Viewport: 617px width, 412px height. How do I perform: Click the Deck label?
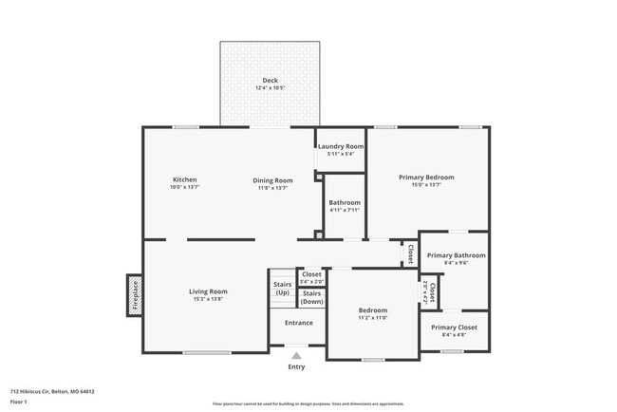(270, 80)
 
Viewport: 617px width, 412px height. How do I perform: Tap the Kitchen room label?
(184, 179)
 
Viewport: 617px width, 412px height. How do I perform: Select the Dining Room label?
(272, 179)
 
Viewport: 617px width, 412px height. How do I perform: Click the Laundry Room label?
(341, 146)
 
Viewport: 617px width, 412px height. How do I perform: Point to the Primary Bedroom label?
(426, 177)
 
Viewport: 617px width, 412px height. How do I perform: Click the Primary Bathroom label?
(456, 255)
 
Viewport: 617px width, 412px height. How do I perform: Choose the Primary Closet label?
(454, 327)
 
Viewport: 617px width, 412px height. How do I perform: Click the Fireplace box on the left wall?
(135, 295)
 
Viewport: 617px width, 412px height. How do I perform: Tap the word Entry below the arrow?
(297, 367)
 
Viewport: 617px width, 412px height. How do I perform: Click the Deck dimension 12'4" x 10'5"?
(270, 87)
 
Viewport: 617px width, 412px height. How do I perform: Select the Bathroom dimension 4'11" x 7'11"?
(345, 210)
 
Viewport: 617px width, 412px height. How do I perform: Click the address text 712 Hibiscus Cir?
(52, 391)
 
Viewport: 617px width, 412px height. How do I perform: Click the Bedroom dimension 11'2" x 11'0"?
(372, 318)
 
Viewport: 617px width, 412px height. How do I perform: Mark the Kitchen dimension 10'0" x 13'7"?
(184, 188)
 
